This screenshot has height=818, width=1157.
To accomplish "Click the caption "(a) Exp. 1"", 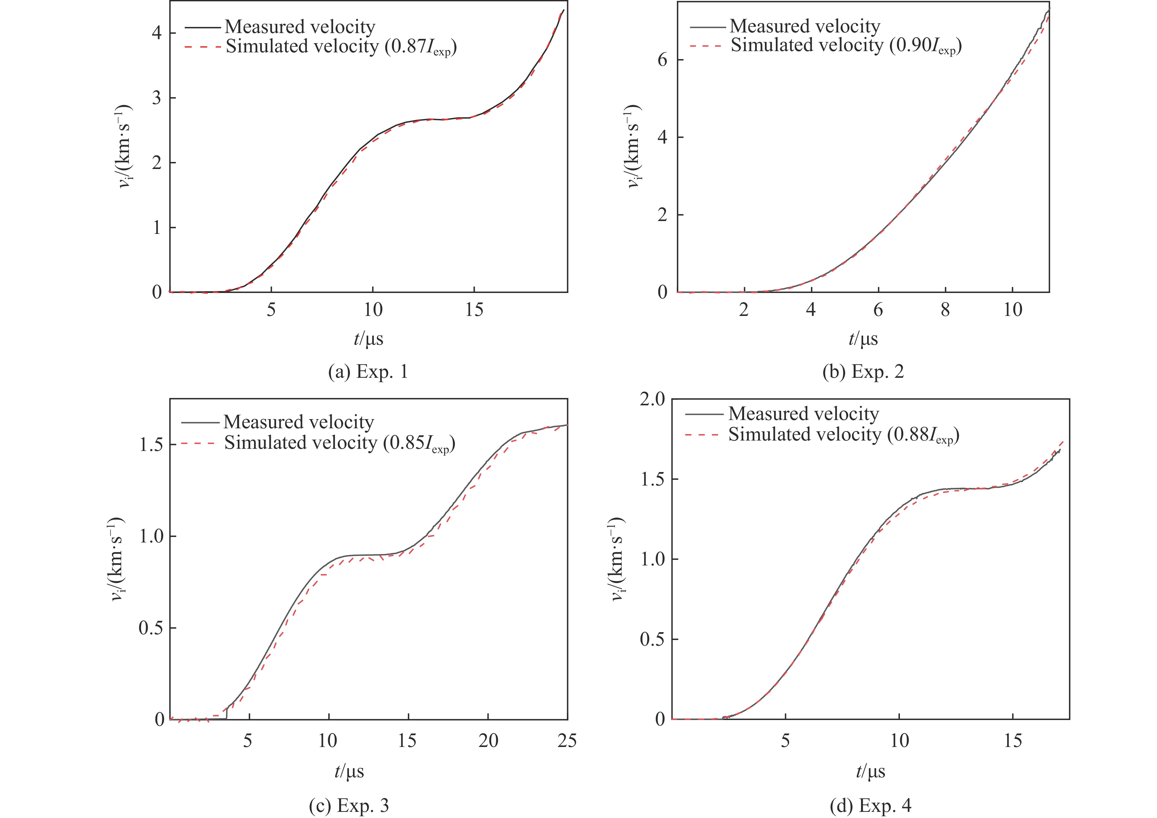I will coord(367,372).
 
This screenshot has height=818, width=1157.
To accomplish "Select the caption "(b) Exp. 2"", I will coord(863,372).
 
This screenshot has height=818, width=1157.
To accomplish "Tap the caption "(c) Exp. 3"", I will coord(349,805).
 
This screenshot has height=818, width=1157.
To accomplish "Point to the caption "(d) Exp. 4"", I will coord(871,805).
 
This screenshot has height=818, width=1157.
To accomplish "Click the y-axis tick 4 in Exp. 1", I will coord(157,33).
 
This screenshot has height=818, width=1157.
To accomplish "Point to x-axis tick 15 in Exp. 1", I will coord(474,310).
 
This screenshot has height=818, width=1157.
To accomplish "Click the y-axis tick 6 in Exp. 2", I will coord(663,60).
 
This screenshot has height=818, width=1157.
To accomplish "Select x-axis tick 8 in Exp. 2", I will coord(945,310).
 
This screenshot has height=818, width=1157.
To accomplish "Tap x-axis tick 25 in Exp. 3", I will coord(567,741).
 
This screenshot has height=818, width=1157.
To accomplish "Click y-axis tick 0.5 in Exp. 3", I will coord(150,628).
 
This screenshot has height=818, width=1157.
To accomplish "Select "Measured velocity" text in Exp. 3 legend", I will coord(299,422).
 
